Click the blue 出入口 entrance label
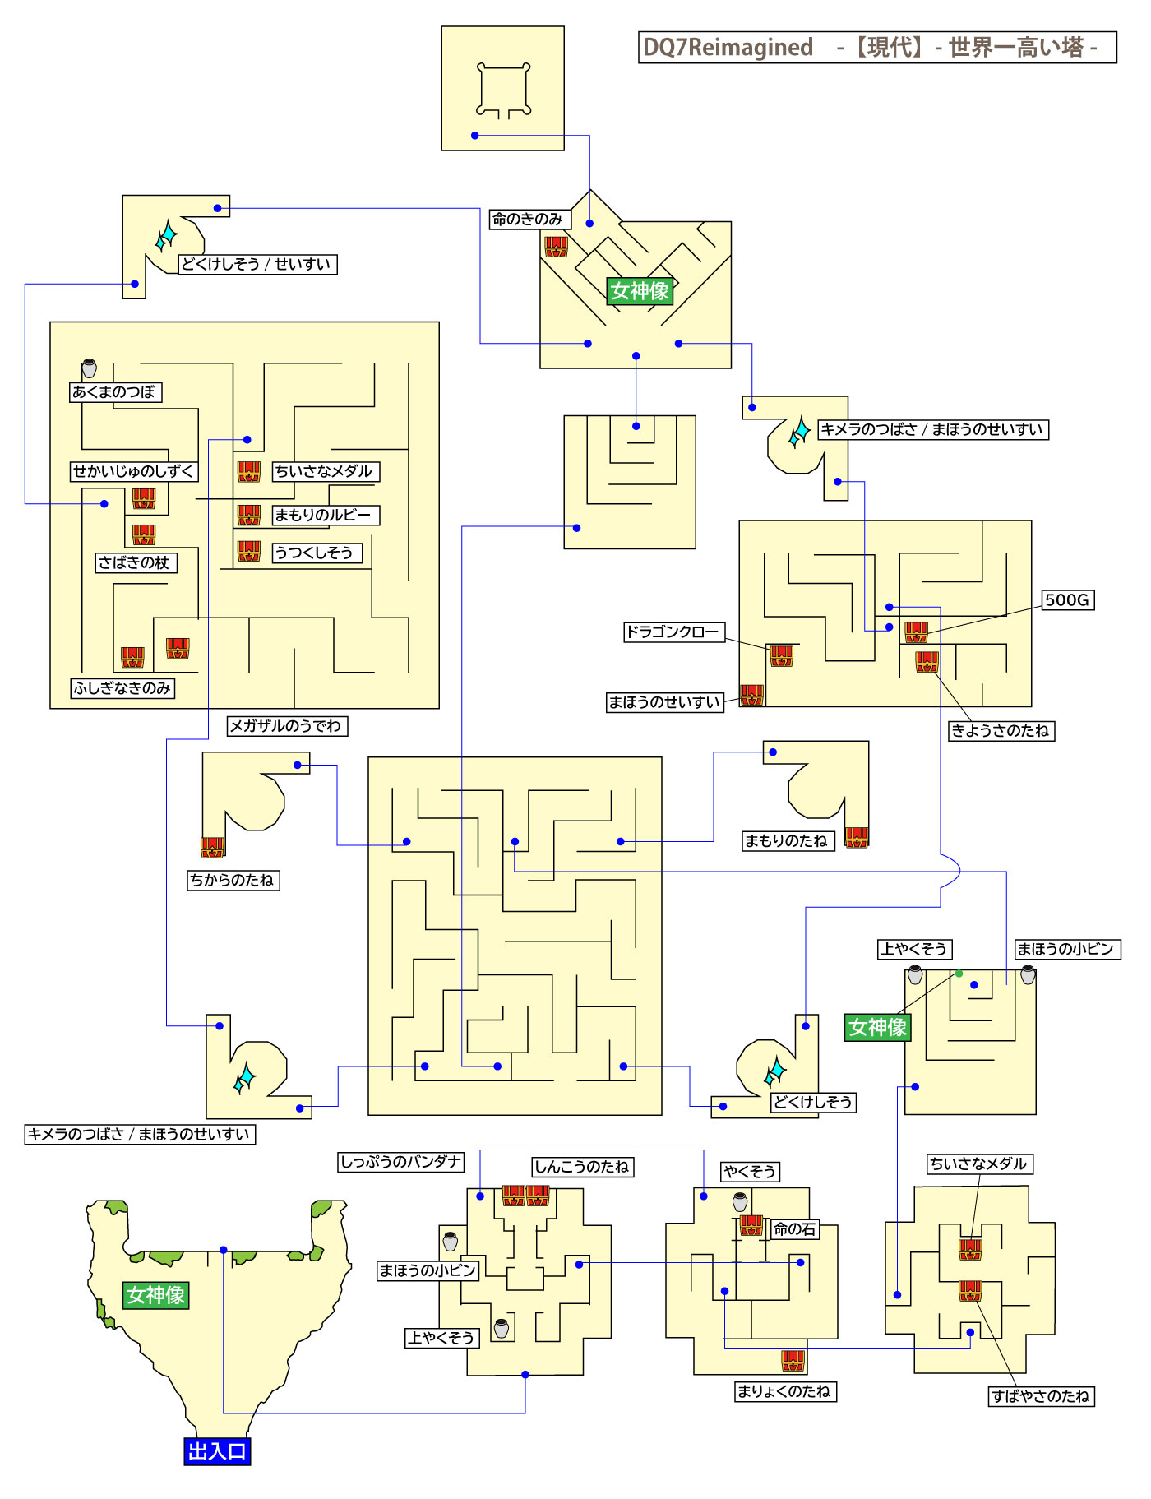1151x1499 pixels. coord(217,1452)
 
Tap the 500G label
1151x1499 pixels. coord(1067,600)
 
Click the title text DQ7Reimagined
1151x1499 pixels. coord(727,47)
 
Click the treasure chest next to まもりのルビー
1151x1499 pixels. coord(249,515)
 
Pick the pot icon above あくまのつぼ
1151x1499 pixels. coord(90,368)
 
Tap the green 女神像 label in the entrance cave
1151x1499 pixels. coord(155,1295)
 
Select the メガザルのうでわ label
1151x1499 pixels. coord(286,726)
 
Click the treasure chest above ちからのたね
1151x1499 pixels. coord(213,846)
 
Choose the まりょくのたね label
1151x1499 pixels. coord(784,1391)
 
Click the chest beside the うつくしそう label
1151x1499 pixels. coord(249,551)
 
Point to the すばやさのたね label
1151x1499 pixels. coord(1040,1396)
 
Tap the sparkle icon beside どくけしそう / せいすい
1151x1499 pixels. coord(167,237)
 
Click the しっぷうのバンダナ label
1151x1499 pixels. coord(401,1162)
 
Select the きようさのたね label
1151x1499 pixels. coord(1001,730)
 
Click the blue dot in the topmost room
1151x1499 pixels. coord(474,136)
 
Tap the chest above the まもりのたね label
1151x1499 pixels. coord(857,836)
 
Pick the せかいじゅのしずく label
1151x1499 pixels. coord(134,471)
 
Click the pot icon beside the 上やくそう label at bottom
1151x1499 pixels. coord(502,1328)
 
